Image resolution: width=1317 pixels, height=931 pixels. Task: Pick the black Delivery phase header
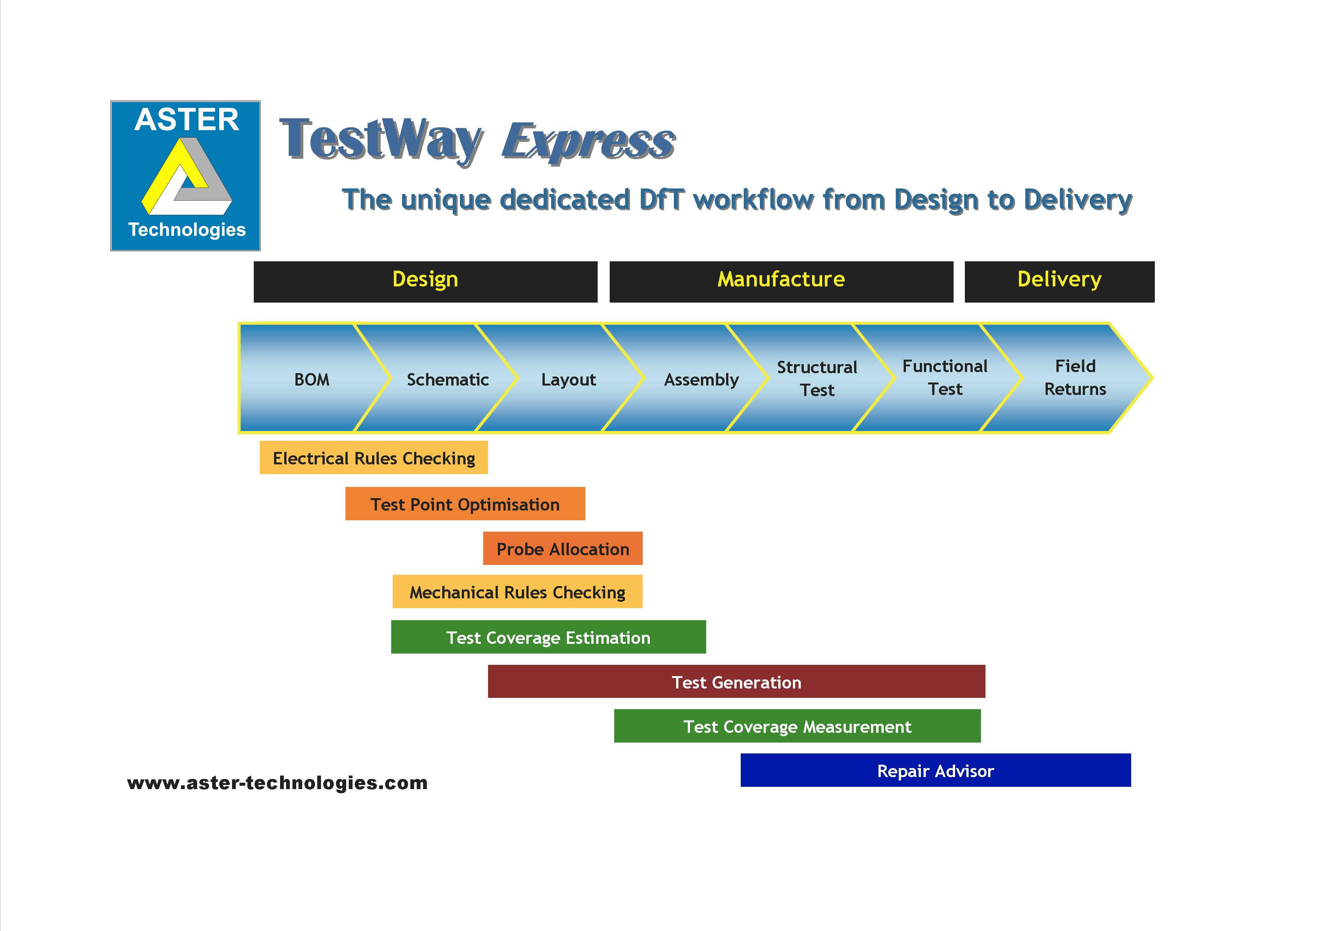tap(1059, 282)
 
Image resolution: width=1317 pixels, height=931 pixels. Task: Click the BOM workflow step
tap(312, 379)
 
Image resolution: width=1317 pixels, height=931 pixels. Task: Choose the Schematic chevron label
tap(448, 379)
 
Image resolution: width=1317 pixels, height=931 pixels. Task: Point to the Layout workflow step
tap(568, 379)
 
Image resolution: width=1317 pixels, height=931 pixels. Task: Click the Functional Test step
tap(945, 377)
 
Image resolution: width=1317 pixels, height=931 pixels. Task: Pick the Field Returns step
tap(1075, 377)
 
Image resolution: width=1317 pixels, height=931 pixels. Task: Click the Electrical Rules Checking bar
tap(374, 458)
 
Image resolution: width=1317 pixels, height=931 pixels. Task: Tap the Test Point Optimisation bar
tap(465, 504)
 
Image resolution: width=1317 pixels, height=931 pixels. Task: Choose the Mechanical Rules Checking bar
tap(517, 591)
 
